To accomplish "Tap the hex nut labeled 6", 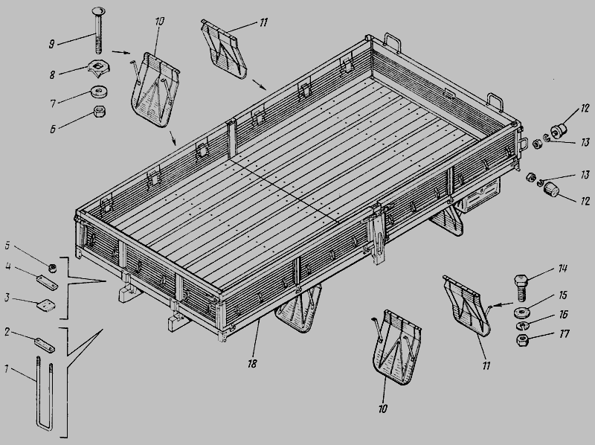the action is point(99,112).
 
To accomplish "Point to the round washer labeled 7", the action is point(99,92).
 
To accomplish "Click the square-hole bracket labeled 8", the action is point(98,68).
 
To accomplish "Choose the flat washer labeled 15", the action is point(522,313).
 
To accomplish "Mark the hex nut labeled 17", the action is point(524,339).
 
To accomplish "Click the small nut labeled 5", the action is point(52,268).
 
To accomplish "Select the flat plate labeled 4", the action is point(47,283).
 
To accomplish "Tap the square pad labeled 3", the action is point(47,306).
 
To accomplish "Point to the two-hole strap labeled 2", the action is point(45,345).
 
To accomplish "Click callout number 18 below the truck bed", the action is point(252,363).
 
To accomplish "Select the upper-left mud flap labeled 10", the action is point(155,89).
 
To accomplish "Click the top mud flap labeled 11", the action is point(224,49).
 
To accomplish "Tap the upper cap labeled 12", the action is point(558,130).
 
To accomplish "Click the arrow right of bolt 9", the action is point(121,52).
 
